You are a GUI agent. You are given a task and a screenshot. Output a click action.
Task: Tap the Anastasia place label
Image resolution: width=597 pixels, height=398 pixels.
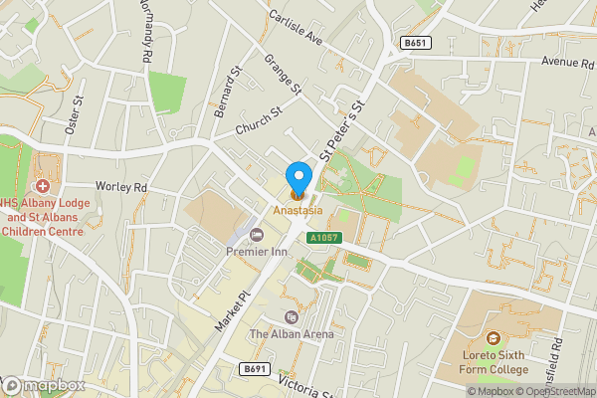pyautogui.click(x=298, y=210)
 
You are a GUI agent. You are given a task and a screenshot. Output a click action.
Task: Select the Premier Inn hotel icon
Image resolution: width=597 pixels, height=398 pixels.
pyautogui.click(x=257, y=235)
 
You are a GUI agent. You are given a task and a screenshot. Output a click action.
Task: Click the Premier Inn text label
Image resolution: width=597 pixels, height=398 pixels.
pyautogui.click(x=256, y=252)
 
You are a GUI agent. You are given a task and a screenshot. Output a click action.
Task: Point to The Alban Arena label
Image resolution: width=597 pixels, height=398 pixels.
pyautogui.click(x=292, y=334)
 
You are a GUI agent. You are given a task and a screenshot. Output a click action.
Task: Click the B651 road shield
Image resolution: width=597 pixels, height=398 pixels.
pyautogui.click(x=414, y=43)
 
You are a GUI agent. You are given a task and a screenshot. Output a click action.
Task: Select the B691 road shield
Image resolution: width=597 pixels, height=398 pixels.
pyautogui.click(x=255, y=368)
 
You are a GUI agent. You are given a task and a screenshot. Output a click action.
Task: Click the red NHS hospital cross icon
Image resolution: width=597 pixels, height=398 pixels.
pyautogui.click(x=43, y=186)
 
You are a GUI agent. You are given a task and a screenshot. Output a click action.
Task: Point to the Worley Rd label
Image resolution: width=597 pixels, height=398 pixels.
pyautogui.click(x=121, y=186)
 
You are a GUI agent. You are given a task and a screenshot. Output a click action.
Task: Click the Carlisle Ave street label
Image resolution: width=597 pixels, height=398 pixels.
pyautogui.click(x=297, y=29)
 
